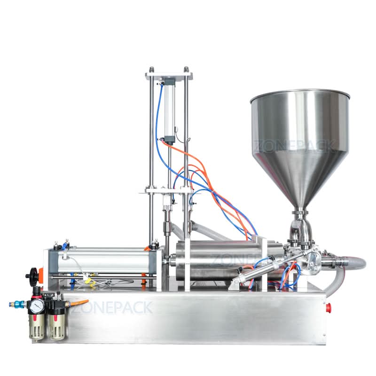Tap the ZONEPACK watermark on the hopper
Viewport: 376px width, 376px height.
point(296,145)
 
